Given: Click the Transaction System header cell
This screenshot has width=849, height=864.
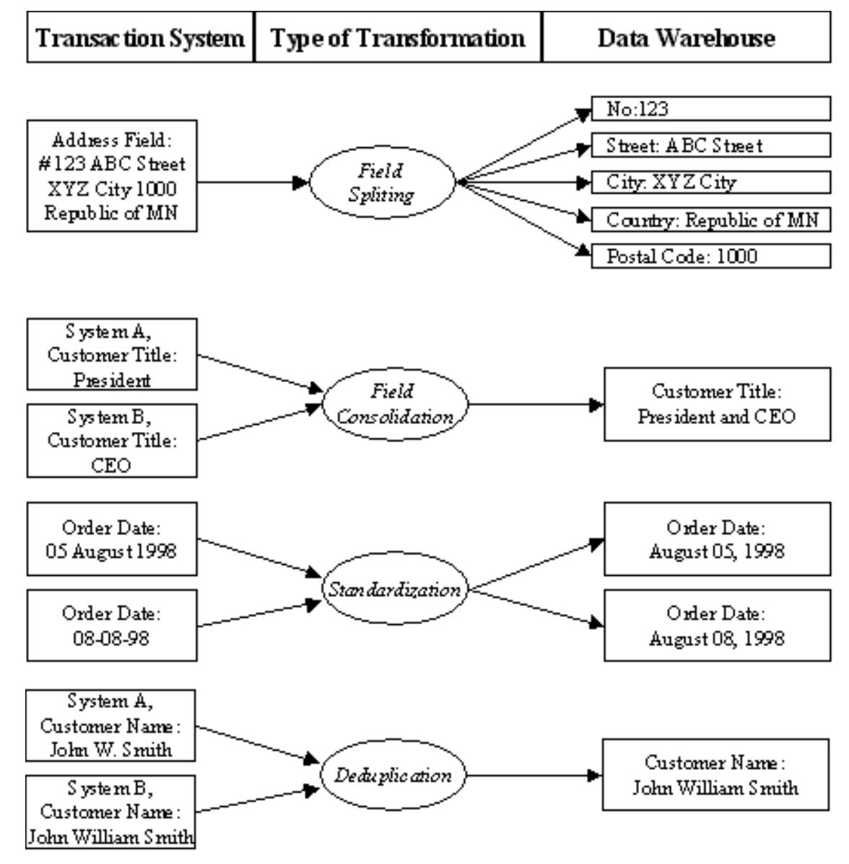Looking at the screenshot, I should click(x=141, y=38).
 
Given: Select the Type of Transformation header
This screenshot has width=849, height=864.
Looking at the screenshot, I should click(x=398, y=38).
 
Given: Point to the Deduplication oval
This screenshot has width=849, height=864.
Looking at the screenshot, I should click(x=393, y=776).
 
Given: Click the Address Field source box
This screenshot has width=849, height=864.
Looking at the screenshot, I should click(x=112, y=176).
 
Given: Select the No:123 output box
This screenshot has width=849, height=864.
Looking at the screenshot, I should click(x=710, y=109).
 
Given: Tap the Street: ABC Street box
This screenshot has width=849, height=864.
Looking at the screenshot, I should click(x=710, y=146).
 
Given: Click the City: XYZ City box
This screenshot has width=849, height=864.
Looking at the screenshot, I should click(x=710, y=182).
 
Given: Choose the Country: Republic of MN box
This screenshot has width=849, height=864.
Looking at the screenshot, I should click(x=710, y=220).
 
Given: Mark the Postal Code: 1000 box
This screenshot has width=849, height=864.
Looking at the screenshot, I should click(x=710, y=256).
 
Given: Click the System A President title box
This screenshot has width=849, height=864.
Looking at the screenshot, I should click(x=112, y=355).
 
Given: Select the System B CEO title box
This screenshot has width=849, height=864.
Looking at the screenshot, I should click(x=112, y=440).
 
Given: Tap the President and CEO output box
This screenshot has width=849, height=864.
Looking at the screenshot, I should click(x=717, y=405).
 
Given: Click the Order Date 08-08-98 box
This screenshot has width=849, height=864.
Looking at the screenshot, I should click(x=112, y=626).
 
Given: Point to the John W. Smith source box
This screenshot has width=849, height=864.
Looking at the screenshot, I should click(x=110, y=725).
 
